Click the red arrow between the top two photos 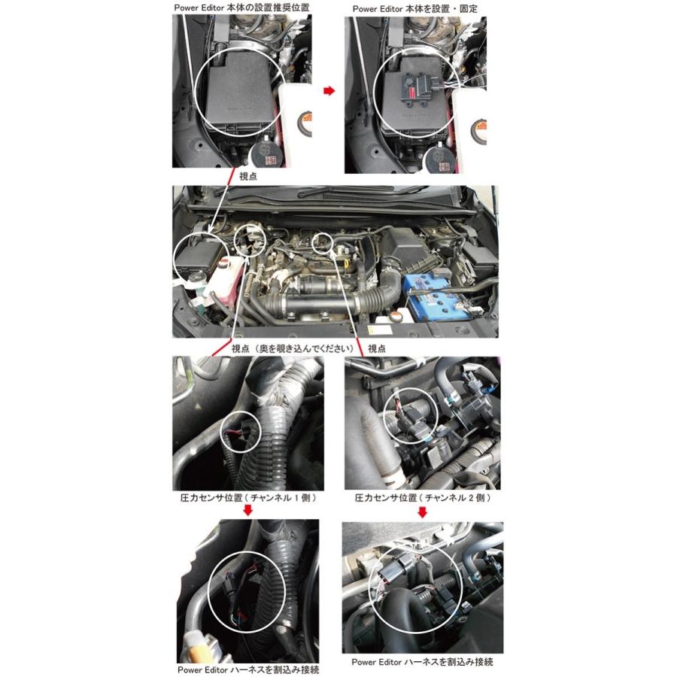coord(329,90)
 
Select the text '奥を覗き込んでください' coord(304,349)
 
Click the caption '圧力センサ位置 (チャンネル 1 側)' coord(247,498)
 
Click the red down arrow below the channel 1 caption coord(247,512)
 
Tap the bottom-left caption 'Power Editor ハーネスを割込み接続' coord(248,669)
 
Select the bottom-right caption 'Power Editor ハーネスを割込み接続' coord(423,663)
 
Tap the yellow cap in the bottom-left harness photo coord(194,642)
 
